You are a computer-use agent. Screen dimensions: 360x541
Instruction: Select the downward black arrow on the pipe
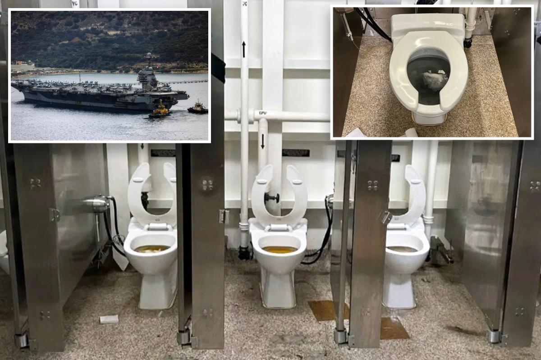point(262,141)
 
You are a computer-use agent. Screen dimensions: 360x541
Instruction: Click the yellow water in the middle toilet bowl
point(280,249)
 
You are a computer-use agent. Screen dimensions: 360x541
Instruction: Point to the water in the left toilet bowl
point(152,248)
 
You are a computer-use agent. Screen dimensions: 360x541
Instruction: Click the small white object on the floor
point(109,319)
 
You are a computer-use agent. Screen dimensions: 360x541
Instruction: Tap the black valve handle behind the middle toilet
point(272,197)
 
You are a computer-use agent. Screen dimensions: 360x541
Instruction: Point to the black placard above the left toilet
point(163,153)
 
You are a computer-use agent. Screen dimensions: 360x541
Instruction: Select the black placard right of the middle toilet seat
point(296,153)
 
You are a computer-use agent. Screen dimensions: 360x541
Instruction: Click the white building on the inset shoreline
point(23,67)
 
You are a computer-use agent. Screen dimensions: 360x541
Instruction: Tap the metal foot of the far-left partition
point(21,340)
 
